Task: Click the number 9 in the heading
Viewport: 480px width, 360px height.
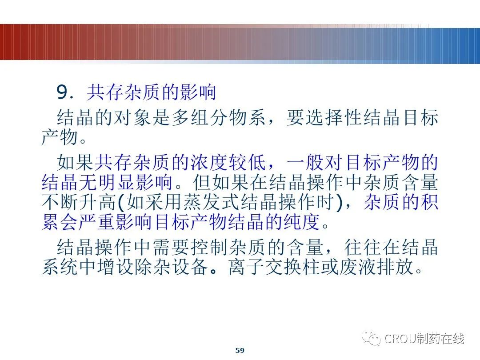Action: tap(62, 93)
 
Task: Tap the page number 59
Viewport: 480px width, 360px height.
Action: tap(240, 350)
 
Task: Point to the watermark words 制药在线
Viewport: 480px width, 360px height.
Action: tap(440, 339)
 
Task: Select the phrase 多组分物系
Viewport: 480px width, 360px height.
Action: tap(219, 119)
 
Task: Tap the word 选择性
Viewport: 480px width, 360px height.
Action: tap(335, 119)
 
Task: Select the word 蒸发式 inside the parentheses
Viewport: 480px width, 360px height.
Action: tap(210, 202)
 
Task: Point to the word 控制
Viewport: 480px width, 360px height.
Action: tap(209, 248)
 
